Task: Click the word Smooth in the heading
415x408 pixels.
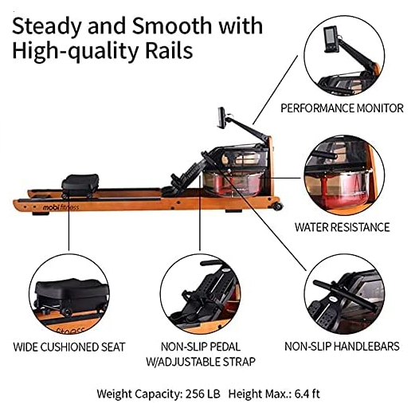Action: click(x=171, y=26)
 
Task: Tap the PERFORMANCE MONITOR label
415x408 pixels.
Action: click(x=342, y=108)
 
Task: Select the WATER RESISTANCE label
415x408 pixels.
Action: click(x=342, y=227)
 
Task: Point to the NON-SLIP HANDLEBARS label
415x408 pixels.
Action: click(x=342, y=347)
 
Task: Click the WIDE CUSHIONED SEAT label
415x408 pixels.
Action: click(x=69, y=347)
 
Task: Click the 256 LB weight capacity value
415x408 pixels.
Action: click(x=203, y=394)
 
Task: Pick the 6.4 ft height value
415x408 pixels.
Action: click(x=307, y=394)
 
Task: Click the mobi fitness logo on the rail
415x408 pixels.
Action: click(x=61, y=207)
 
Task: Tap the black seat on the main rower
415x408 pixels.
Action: click(x=80, y=183)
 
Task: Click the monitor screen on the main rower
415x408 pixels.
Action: click(x=221, y=118)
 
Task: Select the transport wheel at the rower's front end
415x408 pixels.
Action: click(x=277, y=206)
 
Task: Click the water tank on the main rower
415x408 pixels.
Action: click(x=233, y=182)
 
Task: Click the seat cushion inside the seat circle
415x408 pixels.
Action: click(x=72, y=291)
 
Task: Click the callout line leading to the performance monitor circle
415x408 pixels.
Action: click(x=276, y=90)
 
